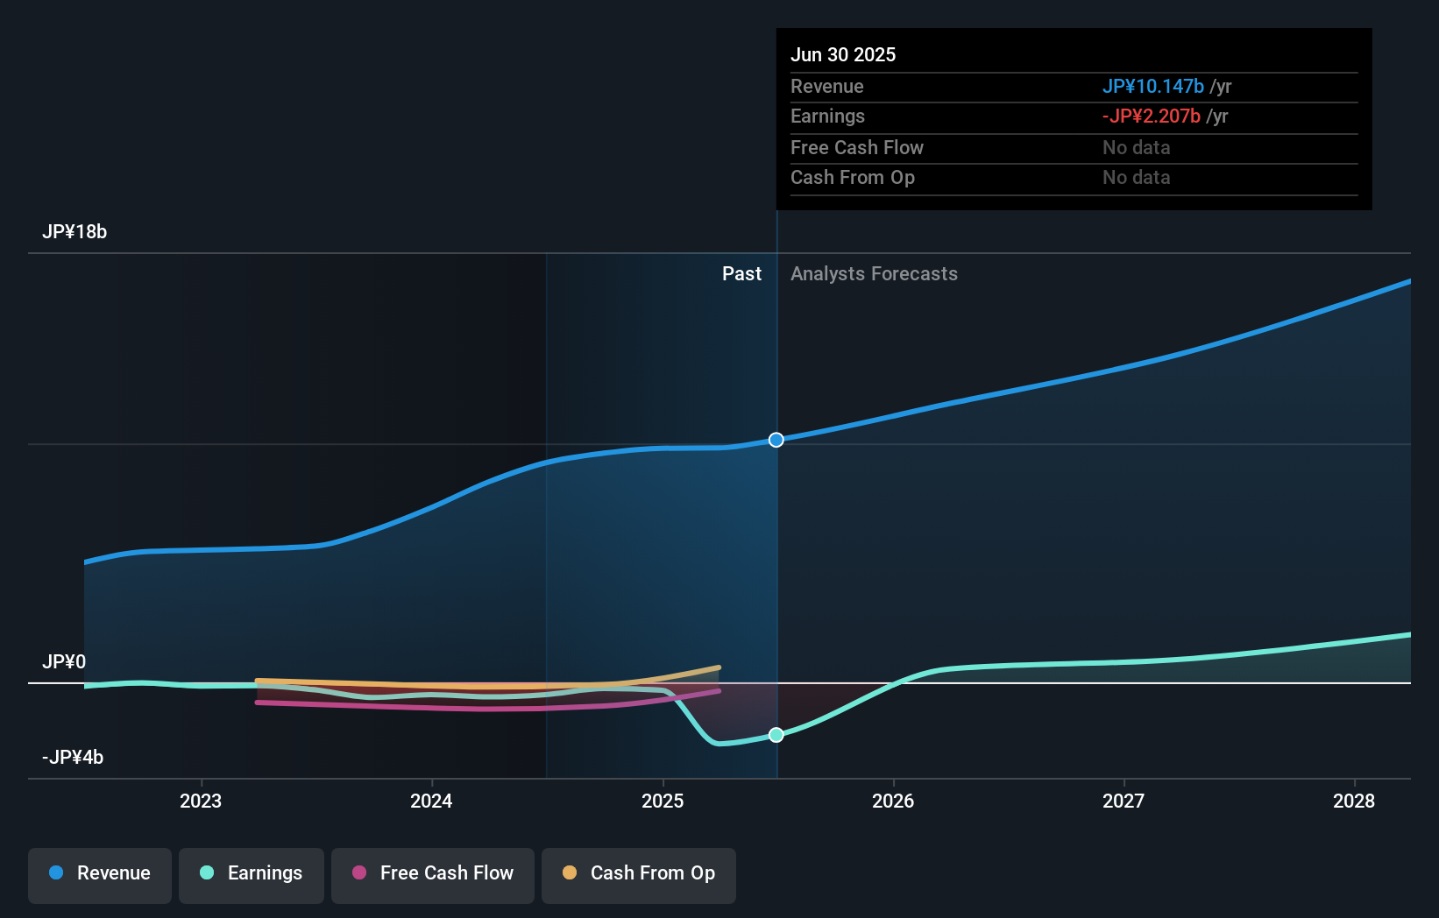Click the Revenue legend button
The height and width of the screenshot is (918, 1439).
100,874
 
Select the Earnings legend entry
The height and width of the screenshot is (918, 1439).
252,874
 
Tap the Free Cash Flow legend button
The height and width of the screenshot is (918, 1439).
433,874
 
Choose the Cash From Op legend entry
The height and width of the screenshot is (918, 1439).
639,874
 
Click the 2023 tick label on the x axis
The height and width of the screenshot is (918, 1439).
201,801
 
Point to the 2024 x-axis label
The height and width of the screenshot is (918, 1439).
431,801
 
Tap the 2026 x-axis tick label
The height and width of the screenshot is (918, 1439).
893,801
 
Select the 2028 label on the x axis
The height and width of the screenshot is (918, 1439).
1354,801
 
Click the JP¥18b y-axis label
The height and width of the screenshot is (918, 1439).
74,232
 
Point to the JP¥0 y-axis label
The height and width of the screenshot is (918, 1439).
64,662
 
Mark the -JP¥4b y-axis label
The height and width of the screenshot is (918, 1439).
73,758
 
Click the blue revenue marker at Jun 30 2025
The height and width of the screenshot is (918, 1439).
776,440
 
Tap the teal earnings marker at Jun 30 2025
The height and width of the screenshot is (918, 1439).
776,735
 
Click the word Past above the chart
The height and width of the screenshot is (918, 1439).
741,274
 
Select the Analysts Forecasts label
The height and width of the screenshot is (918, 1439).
874,274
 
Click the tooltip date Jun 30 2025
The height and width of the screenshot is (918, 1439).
843,55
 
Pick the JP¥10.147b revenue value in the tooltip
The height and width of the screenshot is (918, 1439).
1152,87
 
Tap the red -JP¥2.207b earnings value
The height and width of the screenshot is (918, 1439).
1151,117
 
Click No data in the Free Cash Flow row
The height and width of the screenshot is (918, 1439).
1136,148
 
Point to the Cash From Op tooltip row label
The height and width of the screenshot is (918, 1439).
853,178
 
